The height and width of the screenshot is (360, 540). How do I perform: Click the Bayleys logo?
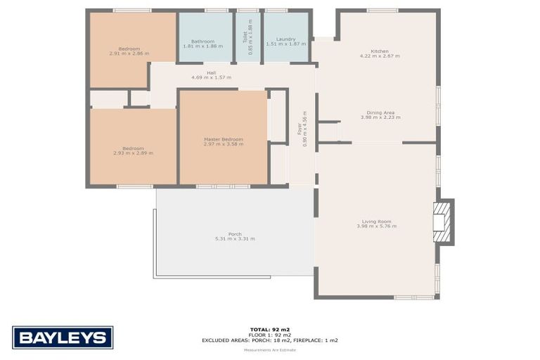click(x=62, y=337)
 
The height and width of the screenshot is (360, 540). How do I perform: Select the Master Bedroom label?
click(x=223, y=139)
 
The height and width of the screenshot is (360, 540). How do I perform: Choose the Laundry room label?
click(x=276, y=39)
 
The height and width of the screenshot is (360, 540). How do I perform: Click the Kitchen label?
click(x=380, y=51)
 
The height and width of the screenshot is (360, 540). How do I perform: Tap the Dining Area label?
click(x=380, y=112)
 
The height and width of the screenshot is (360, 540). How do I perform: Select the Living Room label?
click(x=376, y=221)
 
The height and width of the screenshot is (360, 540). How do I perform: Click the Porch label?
click(x=235, y=233)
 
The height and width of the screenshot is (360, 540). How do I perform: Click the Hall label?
click(x=211, y=72)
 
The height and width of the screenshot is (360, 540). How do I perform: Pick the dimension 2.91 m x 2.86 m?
click(x=129, y=53)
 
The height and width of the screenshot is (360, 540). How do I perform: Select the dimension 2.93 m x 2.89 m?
click(x=133, y=153)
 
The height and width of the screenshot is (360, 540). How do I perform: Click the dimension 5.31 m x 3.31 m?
click(x=235, y=239)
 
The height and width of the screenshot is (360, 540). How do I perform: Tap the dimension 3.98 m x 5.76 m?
click(x=376, y=226)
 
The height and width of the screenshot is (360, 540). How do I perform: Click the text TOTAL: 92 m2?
click(x=270, y=329)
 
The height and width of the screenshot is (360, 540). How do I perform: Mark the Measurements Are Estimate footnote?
click(x=270, y=349)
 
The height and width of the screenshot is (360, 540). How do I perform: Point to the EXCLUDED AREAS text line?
click(x=270, y=340)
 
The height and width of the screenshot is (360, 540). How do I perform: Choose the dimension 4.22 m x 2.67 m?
click(x=380, y=57)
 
